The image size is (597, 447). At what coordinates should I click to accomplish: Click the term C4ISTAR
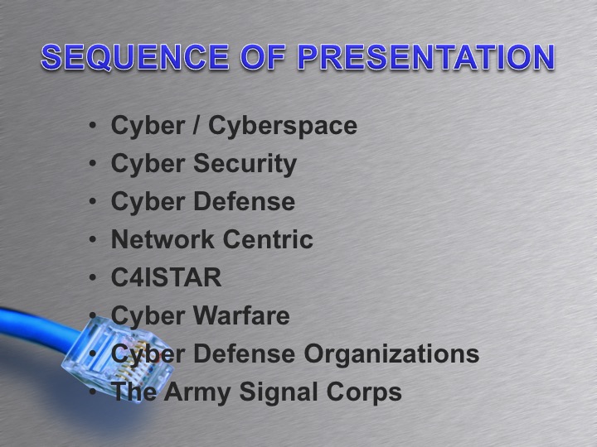click(167, 278)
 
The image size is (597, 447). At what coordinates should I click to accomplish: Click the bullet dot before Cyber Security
click(94, 165)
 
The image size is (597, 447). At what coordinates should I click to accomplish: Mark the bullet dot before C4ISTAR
click(94, 279)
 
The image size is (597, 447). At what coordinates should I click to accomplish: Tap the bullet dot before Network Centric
click(94, 241)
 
